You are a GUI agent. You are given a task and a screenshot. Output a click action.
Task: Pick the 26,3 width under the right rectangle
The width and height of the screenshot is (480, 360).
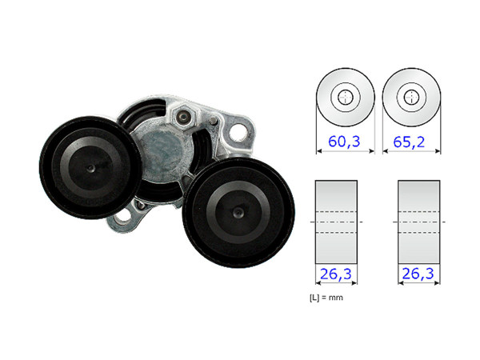coord(418,274)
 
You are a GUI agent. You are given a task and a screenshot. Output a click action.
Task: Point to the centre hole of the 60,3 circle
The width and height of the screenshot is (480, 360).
coord(345,97)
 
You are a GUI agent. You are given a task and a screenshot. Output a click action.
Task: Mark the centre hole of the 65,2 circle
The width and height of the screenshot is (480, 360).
coord(411,97)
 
